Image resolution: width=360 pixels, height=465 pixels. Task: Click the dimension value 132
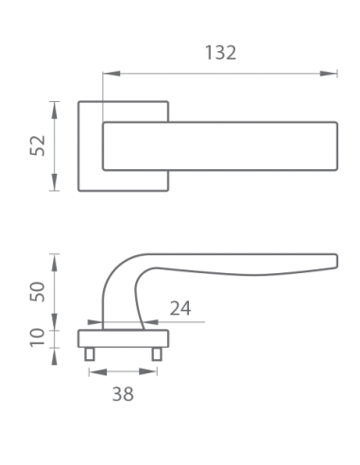(x=220, y=53)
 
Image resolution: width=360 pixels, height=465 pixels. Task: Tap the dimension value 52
(x=38, y=146)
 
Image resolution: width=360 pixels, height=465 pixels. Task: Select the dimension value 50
(x=38, y=291)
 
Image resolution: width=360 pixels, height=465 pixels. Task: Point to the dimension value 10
(x=38, y=337)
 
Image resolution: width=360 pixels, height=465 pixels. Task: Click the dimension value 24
(x=180, y=308)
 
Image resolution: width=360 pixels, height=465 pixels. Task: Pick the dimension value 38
(x=123, y=394)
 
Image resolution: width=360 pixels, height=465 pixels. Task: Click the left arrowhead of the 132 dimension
(x=111, y=74)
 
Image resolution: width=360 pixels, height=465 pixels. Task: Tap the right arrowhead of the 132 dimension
(x=329, y=74)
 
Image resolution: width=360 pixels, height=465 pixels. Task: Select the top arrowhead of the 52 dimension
(x=55, y=110)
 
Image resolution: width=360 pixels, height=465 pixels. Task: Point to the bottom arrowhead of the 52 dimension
(x=55, y=182)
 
